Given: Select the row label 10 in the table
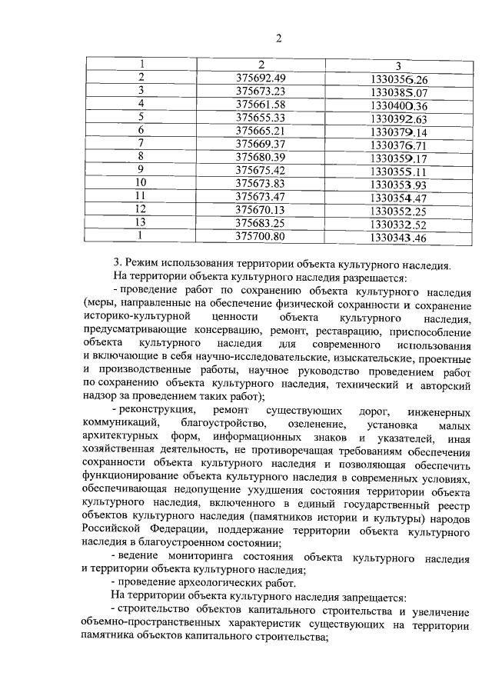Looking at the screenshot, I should tap(141, 183).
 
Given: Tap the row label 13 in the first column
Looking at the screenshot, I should tap(141, 223).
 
